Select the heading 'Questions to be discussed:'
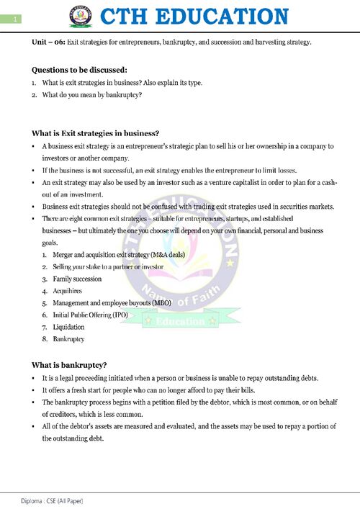(79, 70)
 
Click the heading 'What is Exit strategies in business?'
(95, 133)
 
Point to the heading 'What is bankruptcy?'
(70, 364)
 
